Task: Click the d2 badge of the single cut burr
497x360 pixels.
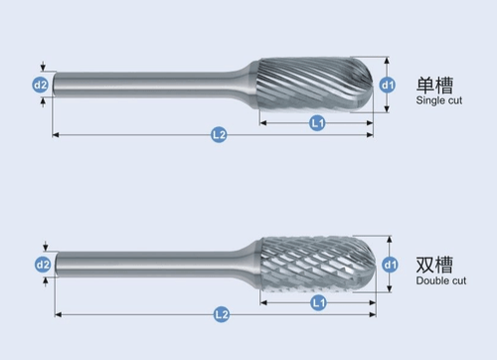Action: click(x=41, y=86)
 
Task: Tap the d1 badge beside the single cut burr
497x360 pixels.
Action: click(x=388, y=86)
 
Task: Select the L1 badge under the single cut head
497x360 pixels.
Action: click(x=317, y=123)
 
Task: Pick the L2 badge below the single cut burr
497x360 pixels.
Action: click(x=219, y=135)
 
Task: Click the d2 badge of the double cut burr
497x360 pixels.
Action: click(x=43, y=265)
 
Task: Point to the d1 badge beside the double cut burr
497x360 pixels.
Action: click(x=390, y=265)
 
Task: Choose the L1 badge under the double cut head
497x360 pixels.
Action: click(x=318, y=302)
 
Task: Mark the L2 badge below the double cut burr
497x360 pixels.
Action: click(x=222, y=314)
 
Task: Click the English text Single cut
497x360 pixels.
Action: click(x=439, y=100)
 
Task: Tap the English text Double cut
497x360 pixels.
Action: click(x=441, y=280)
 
